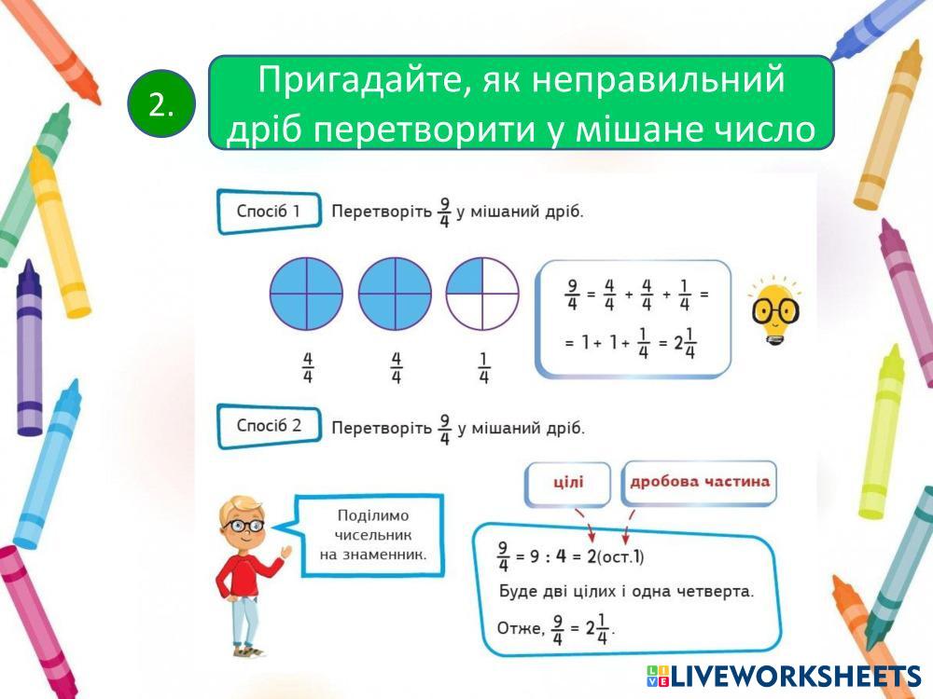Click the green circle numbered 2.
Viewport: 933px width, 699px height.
160,104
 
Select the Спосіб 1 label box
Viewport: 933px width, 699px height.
269,211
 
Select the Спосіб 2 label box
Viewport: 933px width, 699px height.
269,426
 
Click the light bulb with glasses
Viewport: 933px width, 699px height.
774,310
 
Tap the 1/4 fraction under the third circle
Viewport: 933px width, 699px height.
483,368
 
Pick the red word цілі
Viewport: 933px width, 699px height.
568,482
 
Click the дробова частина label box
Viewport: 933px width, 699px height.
699,483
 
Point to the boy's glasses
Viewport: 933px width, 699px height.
244,526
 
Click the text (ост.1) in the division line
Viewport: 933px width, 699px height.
620,557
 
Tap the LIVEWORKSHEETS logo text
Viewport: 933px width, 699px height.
785,676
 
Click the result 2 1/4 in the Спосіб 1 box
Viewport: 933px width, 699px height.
684,344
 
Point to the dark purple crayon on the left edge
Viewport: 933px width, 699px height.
29,348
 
